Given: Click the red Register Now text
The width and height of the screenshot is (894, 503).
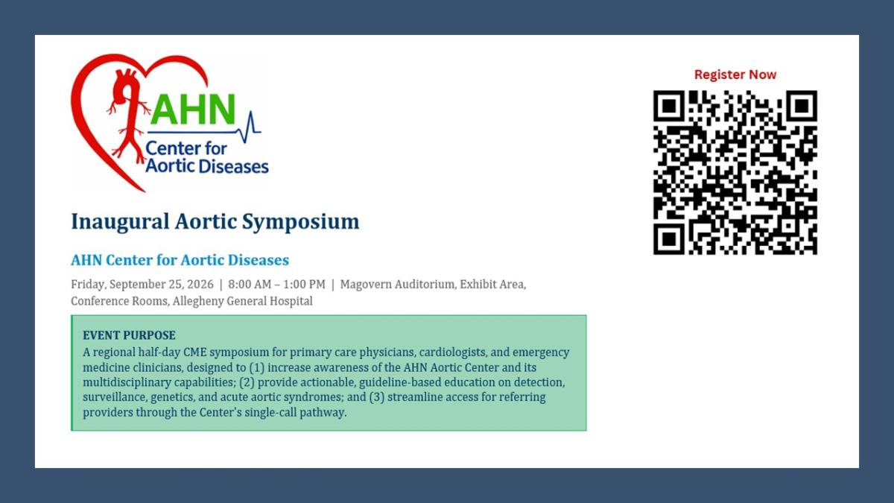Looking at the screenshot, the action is pyautogui.click(x=735, y=75).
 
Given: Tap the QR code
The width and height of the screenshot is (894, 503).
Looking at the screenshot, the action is pyautogui.click(x=735, y=172).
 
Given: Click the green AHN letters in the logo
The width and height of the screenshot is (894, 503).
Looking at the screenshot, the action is pyautogui.click(x=193, y=110).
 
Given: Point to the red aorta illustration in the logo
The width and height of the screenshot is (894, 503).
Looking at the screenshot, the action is pyautogui.click(x=127, y=116).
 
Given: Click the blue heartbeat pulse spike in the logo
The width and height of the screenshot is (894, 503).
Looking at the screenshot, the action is pyautogui.click(x=250, y=127).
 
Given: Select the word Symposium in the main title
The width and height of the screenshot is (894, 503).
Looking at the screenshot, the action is pyautogui.click(x=300, y=222).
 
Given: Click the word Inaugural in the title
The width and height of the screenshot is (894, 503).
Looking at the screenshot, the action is pyautogui.click(x=120, y=222).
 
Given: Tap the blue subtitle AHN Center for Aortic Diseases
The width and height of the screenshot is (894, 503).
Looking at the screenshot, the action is pyautogui.click(x=180, y=260).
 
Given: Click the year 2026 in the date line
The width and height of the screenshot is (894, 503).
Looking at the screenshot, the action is pyautogui.click(x=200, y=284).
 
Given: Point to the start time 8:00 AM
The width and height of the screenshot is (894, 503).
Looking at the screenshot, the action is pyautogui.click(x=250, y=284).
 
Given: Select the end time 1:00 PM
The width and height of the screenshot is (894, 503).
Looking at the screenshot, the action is pyautogui.click(x=304, y=284).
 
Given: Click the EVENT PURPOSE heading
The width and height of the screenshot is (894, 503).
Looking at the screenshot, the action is pyautogui.click(x=129, y=335).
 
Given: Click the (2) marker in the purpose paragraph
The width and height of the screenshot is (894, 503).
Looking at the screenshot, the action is pyautogui.click(x=247, y=382).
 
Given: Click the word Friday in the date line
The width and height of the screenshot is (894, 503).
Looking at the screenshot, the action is pyautogui.click(x=89, y=284).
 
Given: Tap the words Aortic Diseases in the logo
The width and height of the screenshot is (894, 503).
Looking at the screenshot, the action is pyautogui.click(x=207, y=166).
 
